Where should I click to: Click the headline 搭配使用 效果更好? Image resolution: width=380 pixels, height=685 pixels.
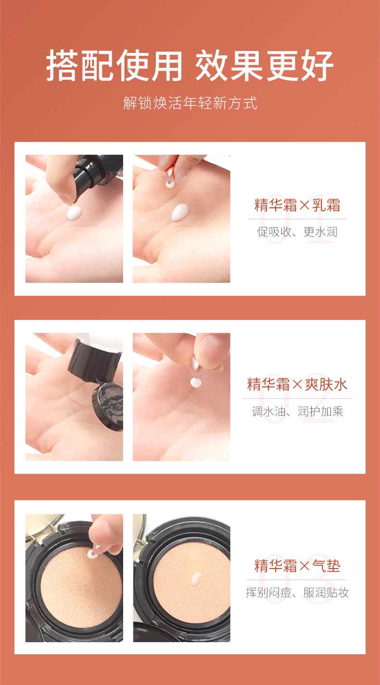click(x=190, y=65)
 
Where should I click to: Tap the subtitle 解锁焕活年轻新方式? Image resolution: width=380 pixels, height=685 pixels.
click(x=190, y=103)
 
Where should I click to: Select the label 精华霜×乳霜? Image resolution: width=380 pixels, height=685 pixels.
click(x=297, y=205)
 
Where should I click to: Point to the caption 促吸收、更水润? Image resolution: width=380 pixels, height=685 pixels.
click(x=297, y=232)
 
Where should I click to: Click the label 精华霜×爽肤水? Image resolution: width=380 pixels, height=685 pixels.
click(x=297, y=384)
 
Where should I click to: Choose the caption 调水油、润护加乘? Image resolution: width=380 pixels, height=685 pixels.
click(x=297, y=411)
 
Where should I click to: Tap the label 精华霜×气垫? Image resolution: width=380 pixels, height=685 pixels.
click(x=297, y=565)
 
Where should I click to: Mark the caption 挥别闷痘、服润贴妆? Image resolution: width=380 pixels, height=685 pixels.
click(x=297, y=593)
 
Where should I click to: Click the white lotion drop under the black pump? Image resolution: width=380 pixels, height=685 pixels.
click(x=74, y=213)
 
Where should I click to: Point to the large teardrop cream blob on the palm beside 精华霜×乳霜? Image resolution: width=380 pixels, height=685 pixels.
click(x=180, y=212)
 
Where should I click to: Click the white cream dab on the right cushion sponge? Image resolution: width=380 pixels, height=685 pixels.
click(x=195, y=579)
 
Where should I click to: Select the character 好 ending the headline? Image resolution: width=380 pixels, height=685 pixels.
click(x=317, y=65)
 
